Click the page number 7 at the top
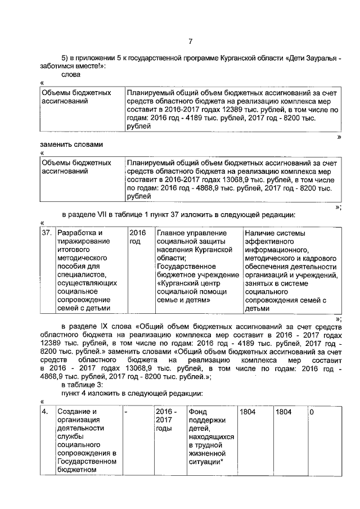pyautogui.click(x=191, y=40)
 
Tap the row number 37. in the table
pyautogui.click(x=48, y=233)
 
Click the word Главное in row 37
pyautogui.click(x=172, y=233)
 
